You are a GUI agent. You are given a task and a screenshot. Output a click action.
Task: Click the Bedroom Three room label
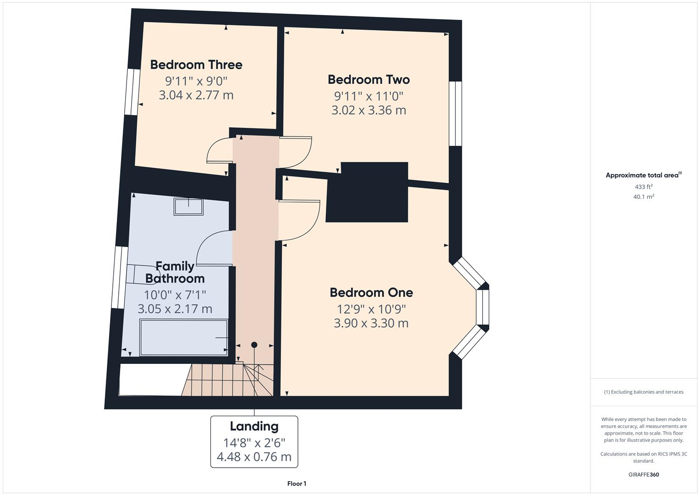pyautogui.click(x=196, y=65)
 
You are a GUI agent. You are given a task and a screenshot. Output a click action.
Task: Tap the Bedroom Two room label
pyautogui.click(x=369, y=79)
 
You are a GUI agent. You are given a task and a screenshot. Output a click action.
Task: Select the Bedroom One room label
pyautogui.click(x=371, y=292)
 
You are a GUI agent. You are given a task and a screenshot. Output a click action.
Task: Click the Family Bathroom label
pyautogui.click(x=175, y=272)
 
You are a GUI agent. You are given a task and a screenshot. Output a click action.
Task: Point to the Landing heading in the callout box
pyautogui.click(x=254, y=426)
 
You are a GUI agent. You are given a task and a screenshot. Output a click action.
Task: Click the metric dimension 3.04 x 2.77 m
pyautogui.click(x=196, y=95)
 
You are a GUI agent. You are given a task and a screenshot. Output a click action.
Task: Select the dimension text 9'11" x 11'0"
pyautogui.click(x=369, y=96)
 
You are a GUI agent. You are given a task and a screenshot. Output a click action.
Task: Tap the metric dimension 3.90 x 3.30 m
pyautogui.click(x=371, y=323)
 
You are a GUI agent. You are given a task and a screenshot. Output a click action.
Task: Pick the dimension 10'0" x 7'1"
pyautogui.click(x=175, y=294)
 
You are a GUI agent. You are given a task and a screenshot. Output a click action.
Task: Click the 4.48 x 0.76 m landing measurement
pyautogui.click(x=254, y=457)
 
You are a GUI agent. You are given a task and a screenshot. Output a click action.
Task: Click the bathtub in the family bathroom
pyautogui.click(x=183, y=338)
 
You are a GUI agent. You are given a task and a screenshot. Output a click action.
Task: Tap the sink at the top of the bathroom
pyautogui.click(x=188, y=206)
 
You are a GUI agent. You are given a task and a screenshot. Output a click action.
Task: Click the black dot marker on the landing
pyautogui.click(x=254, y=345)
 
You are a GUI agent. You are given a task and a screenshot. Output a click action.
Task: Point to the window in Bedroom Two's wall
pyautogui.click(x=455, y=114)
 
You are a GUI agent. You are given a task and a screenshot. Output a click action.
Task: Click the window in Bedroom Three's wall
pyautogui.click(x=133, y=92)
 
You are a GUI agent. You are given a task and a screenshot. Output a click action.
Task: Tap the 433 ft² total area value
pyautogui.click(x=644, y=187)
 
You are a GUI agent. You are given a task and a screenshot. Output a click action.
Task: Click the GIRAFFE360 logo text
pyautogui.click(x=644, y=474)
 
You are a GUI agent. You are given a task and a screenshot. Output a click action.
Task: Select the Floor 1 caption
pyautogui.click(x=297, y=484)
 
